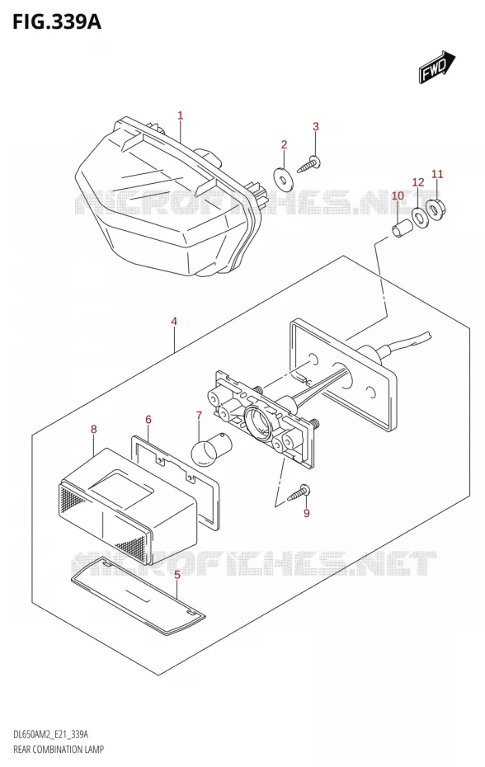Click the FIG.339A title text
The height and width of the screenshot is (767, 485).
pyautogui.click(x=56, y=21)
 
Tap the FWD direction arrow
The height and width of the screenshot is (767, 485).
pyautogui.click(x=436, y=67)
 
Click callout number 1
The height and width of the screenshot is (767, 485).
pyautogui.click(x=180, y=116)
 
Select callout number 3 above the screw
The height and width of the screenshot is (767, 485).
pyautogui.click(x=316, y=126)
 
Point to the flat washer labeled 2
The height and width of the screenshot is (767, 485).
pyautogui.click(x=282, y=177)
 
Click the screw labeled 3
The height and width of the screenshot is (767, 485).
pyautogui.click(x=308, y=163)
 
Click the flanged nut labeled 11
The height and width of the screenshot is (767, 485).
pyautogui.click(x=435, y=208)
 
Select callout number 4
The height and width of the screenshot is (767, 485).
pyautogui.click(x=174, y=322)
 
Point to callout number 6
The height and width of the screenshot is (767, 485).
pyautogui.click(x=148, y=420)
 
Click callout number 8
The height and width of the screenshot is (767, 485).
pyautogui.click(x=94, y=430)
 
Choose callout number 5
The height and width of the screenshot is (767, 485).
pyautogui.click(x=177, y=574)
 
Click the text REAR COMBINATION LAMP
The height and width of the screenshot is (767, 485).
pyautogui.click(x=58, y=749)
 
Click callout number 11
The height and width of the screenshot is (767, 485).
pyautogui.click(x=437, y=174)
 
